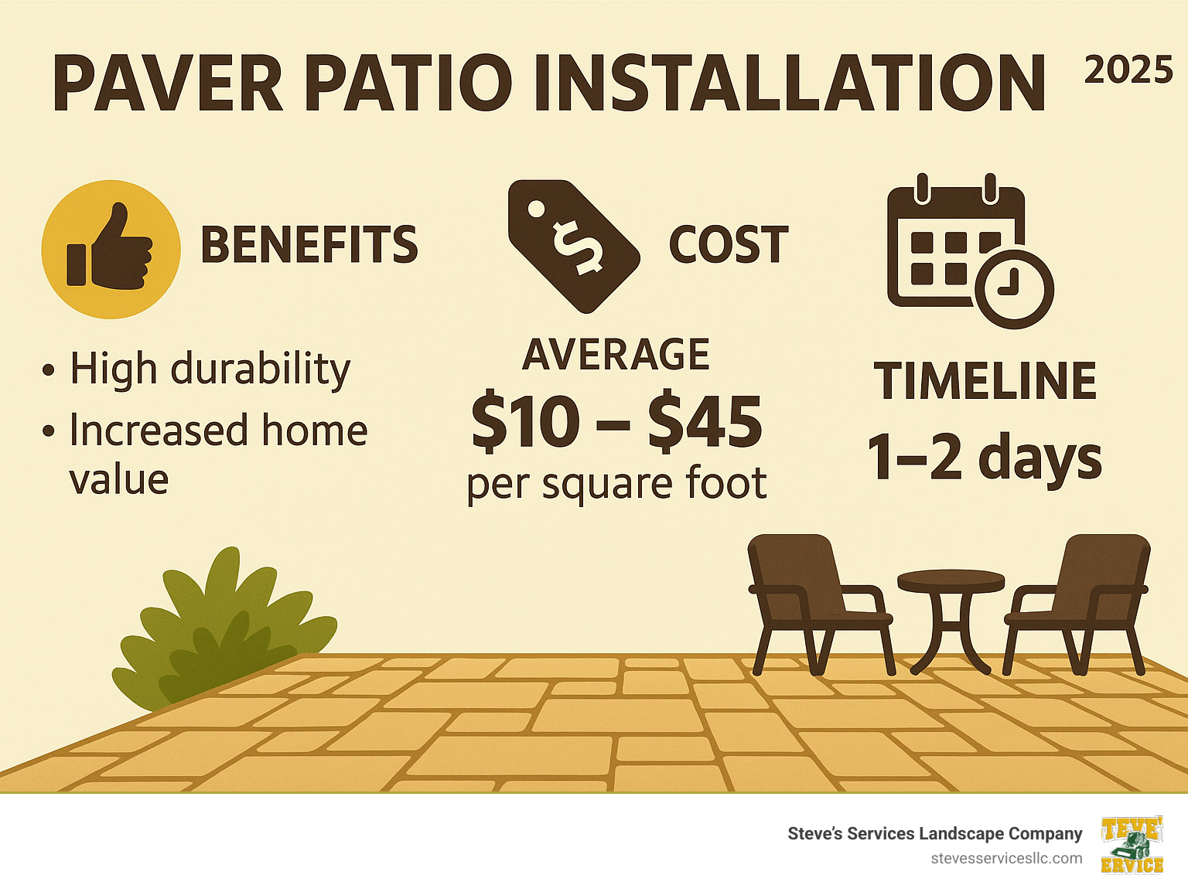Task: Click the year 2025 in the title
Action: coord(1128,71)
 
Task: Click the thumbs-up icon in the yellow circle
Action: coord(111,249)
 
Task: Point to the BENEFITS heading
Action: coord(309,245)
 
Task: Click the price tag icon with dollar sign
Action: coord(573,245)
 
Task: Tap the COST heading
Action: coord(728,245)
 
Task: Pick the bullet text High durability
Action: coord(210,369)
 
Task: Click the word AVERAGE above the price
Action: coord(616,355)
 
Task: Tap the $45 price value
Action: coord(705,422)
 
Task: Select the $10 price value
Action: coord(526,422)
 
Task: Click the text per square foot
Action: coord(616,484)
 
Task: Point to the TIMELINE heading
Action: coord(985,381)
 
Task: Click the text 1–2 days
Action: coord(984,457)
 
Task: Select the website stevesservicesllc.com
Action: coord(1006,859)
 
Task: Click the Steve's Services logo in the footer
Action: coord(1132,845)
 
